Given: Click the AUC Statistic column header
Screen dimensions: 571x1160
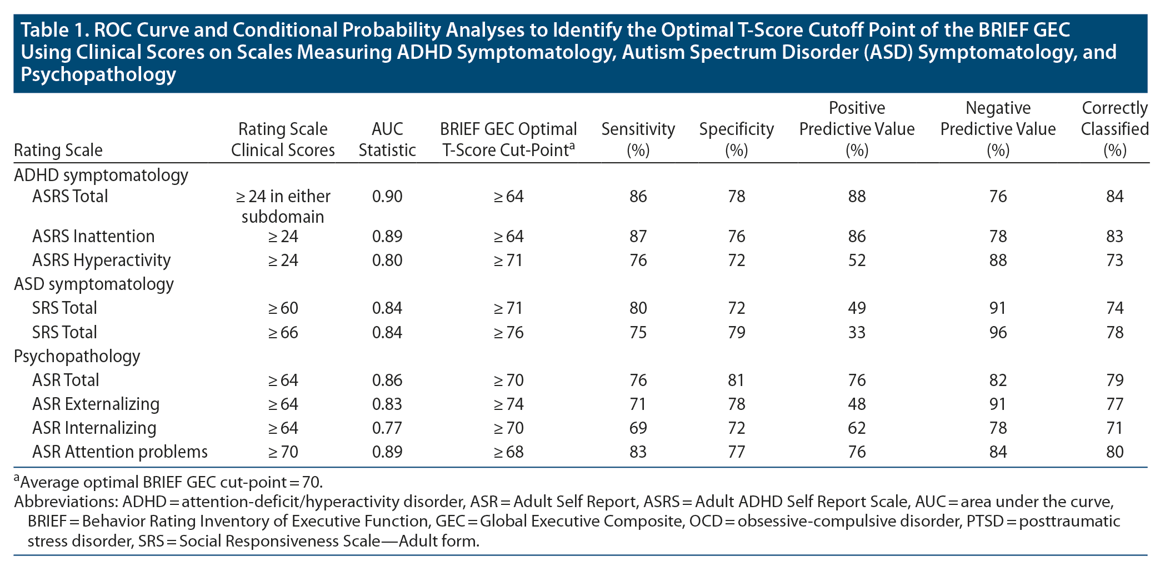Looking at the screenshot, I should pyautogui.click(x=387, y=139).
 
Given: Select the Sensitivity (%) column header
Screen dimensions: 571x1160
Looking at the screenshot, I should pyautogui.click(x=638, y=139).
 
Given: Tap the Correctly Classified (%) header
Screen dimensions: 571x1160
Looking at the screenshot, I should pyautogui.click(x=1114, y=129).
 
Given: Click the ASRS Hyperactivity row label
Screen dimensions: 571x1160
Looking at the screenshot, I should pyautogui.click(x=101, y=260).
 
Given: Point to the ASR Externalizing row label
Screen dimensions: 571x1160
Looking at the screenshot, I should pyautogui.click(x=96, y=404).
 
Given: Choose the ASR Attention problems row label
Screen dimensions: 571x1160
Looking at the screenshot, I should pyautogui.click(x=119, y=452).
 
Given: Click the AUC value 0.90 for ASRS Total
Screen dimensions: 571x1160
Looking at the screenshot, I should pyautogui.click(x=387, y=196).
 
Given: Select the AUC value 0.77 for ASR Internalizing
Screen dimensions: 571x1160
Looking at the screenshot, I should pyautogui.click(x=387, y=428).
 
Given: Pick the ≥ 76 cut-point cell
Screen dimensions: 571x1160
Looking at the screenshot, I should pyautogui.click(x=508, y=332).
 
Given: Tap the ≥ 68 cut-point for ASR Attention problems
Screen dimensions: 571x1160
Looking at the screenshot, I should pyautogui.click(x=508, y=452).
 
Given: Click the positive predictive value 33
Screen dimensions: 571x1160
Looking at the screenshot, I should pyautogui.click(x=857, y=332).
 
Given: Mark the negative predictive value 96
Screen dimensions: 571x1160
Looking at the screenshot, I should pyautogui.click(x=998, y=332).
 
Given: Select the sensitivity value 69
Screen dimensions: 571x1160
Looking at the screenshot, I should pyautogui.click(x=638, y=428).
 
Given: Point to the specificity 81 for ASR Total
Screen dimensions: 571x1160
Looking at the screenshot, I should pyautogui.click(x=736, y=380).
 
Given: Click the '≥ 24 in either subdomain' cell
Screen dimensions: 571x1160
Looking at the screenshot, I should pyautogui.click(x=283, y=206).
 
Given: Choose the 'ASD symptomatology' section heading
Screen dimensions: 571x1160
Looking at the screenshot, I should pyautogui.click(x=93, y=284).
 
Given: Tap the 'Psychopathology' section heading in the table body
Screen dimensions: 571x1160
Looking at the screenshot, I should pyautogui.click(x=77, y=356).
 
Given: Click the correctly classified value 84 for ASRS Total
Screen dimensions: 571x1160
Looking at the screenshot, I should pyautogui.click(x=1114, y=196).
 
